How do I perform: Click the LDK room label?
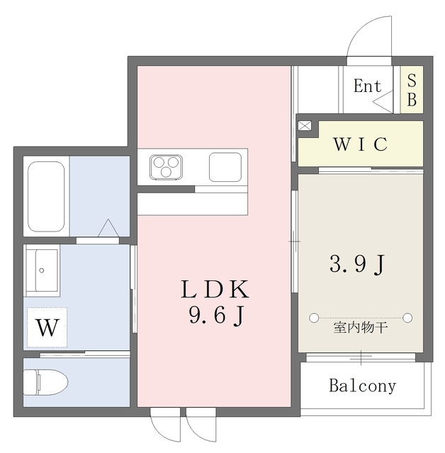click(x=213, y=289)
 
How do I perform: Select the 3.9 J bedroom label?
click(x=358, y=264)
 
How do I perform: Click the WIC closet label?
click(x=360, y=144)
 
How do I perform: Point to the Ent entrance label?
click(x=367, y=87)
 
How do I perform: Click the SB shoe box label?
click(x=412, y=89)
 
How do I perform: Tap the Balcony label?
click(x=362, y=386)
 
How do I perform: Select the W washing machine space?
click(x=47, y=328)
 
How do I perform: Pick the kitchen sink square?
click(x=225, y=167)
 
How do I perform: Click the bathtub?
click(x=47, y=197)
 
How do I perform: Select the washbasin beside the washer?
click(x=43, y=271)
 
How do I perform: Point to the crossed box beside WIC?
click(x=304, y=126)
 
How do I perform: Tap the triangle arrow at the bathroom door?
click(x=108, y=229)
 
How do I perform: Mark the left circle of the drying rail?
click(x=314, y=316)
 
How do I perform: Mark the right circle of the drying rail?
click(x=409, y=316)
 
